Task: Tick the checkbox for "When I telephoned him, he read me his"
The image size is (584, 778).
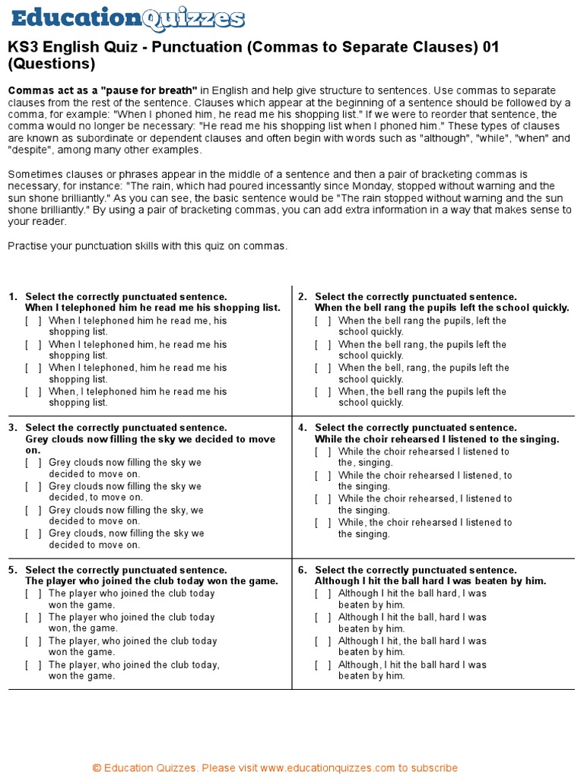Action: [33, 345]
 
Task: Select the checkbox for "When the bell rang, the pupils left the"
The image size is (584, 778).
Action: [323, 345]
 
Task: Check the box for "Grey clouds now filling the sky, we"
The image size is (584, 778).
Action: [33, 511]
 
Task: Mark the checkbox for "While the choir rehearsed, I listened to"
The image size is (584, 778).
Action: [323, 499]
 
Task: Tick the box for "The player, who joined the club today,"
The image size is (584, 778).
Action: [33, 665]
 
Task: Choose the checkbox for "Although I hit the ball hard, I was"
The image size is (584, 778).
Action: [323, 593]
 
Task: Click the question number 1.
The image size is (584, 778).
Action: [13, 297]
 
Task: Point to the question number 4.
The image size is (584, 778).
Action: [302, 428]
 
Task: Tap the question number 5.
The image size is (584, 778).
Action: [13, 570]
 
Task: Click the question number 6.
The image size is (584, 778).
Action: [302, 570]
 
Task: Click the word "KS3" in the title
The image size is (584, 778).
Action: [24, 48]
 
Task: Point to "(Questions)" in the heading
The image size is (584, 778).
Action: [52, 64]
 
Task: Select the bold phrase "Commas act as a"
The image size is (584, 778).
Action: [45, 90]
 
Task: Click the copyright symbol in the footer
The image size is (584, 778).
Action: [97, 767]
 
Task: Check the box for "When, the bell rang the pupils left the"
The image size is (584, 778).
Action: [323, 392]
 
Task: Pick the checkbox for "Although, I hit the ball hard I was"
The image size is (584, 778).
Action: [323, 665]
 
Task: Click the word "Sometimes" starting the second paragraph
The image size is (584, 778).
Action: [33, 175]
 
